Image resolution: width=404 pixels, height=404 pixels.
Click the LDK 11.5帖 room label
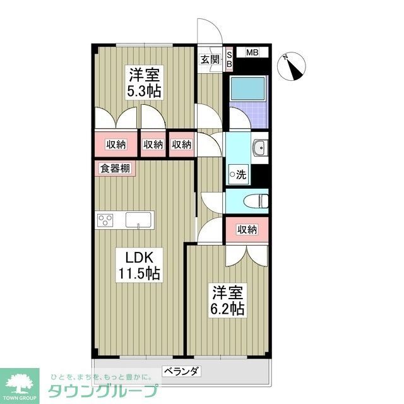click(x=139, y=265)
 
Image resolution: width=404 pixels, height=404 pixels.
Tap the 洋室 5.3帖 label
click(x=145, y=82)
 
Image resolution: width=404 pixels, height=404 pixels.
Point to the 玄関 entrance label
click(x=210, y=60)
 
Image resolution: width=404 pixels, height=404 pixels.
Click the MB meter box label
click(x=252, y=52)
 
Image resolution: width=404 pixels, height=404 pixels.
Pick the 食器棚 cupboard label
click(x=116, y=169)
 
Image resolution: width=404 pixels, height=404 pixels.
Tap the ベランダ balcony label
click(x=182, y=371)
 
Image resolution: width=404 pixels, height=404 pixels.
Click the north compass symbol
click(x=294, y=65)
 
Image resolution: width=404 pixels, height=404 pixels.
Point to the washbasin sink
click(x=259, y=149)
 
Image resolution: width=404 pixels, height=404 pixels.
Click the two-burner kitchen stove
click(x=105, y=220)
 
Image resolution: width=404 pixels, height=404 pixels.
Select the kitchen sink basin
click(x=138, y=220)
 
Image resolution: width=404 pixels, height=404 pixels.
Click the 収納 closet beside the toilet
click(x=247, y=230)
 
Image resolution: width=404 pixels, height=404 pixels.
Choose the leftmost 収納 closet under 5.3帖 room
click(x=116, y=145)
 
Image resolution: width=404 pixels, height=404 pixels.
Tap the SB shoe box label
click(x=229, y=58)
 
